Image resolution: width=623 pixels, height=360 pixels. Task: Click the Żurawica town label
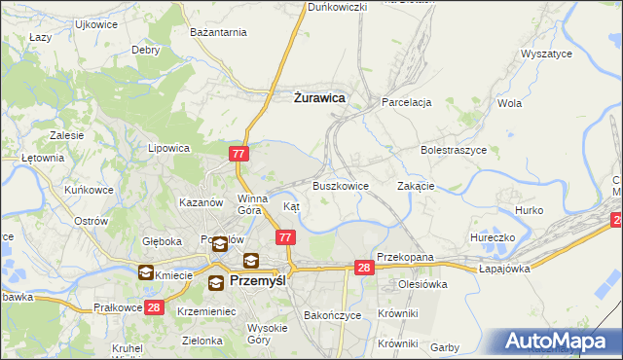319,98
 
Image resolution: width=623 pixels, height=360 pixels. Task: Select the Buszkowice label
340,186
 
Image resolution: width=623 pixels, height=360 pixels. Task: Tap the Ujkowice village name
95,22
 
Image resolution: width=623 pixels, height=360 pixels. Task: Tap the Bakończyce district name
333,316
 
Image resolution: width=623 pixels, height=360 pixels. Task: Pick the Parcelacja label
406,102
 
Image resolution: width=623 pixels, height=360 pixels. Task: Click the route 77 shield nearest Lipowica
240,154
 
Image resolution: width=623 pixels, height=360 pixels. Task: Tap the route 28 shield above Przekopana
364,268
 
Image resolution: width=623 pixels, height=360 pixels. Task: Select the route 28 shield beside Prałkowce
153,308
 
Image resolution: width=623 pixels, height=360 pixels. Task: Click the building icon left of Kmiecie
146,273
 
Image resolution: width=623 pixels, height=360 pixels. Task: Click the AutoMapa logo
558,342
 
